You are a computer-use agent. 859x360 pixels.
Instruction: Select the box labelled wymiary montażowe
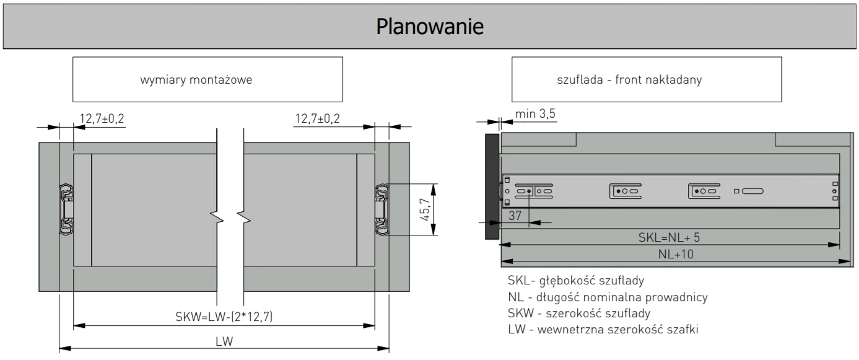click(207, 79)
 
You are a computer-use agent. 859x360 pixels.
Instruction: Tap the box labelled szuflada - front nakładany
click(647, 79)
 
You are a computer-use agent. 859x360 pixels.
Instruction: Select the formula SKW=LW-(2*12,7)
click(224, 317)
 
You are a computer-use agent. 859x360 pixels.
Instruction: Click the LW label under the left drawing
click(224, 341)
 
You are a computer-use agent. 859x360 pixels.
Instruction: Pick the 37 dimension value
click(515, 215)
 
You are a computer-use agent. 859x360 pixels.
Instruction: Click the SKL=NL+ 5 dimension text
click(669, 237)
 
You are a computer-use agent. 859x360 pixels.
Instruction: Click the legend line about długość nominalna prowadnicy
click(607, 297)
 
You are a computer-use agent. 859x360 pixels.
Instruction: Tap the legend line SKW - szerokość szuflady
click(578, 314)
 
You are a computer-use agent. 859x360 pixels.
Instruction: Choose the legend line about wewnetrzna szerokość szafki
click(603, 330)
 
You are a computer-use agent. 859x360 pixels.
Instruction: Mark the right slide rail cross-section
click(383, 208)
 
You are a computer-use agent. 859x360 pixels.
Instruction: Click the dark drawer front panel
click(492, 187)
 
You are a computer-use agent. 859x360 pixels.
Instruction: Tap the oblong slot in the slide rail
click(752, 191)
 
